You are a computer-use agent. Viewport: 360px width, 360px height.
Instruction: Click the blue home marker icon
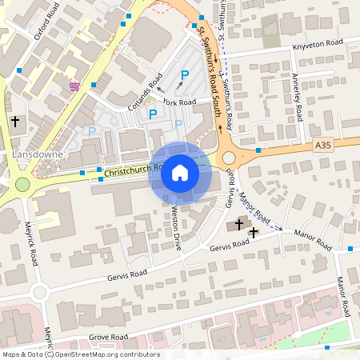pos(180,173)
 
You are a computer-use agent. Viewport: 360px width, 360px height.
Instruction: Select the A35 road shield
pos(322,145)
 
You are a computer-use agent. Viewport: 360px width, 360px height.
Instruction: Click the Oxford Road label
pos(43,33)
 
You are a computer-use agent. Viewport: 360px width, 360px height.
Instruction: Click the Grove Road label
pos(108,338)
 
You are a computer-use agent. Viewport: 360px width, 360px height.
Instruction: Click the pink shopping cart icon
pos(74,86)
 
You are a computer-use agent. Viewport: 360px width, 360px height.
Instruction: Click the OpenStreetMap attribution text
pos(81,354)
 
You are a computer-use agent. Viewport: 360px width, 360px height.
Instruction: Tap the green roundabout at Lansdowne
pos(22,185)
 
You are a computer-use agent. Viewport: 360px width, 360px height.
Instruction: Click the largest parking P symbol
pos(185,77)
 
